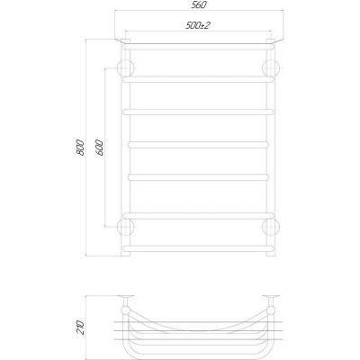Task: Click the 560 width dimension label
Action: click(199, 5)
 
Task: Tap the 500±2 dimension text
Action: click(197, 25)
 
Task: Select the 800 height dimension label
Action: click(80, 148)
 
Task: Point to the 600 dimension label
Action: click(100, 148)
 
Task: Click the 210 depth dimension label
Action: click(80, 328)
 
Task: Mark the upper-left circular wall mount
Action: click(125, 68)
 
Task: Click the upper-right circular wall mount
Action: click(271, 68)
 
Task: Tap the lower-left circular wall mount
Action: click(125, 227)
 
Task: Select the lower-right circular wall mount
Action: click(271, 227)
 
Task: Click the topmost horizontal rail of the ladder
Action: click(198, 47)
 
